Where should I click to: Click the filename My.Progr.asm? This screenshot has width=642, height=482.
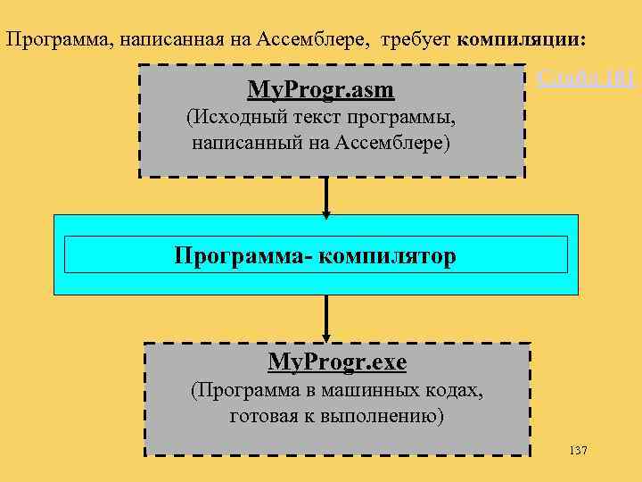coord(320,90)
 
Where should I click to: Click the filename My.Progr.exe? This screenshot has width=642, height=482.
coord(337,362)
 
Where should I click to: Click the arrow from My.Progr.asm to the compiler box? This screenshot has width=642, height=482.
coord(326,196)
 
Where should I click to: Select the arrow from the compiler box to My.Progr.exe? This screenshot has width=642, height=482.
coord(326,319)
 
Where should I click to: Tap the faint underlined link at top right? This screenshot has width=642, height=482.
coord(585,78)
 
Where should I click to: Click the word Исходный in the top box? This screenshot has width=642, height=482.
coord(234,118)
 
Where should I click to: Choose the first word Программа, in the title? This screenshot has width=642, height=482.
coord(48,40)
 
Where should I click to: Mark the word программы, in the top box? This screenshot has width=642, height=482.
coord(411,118)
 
